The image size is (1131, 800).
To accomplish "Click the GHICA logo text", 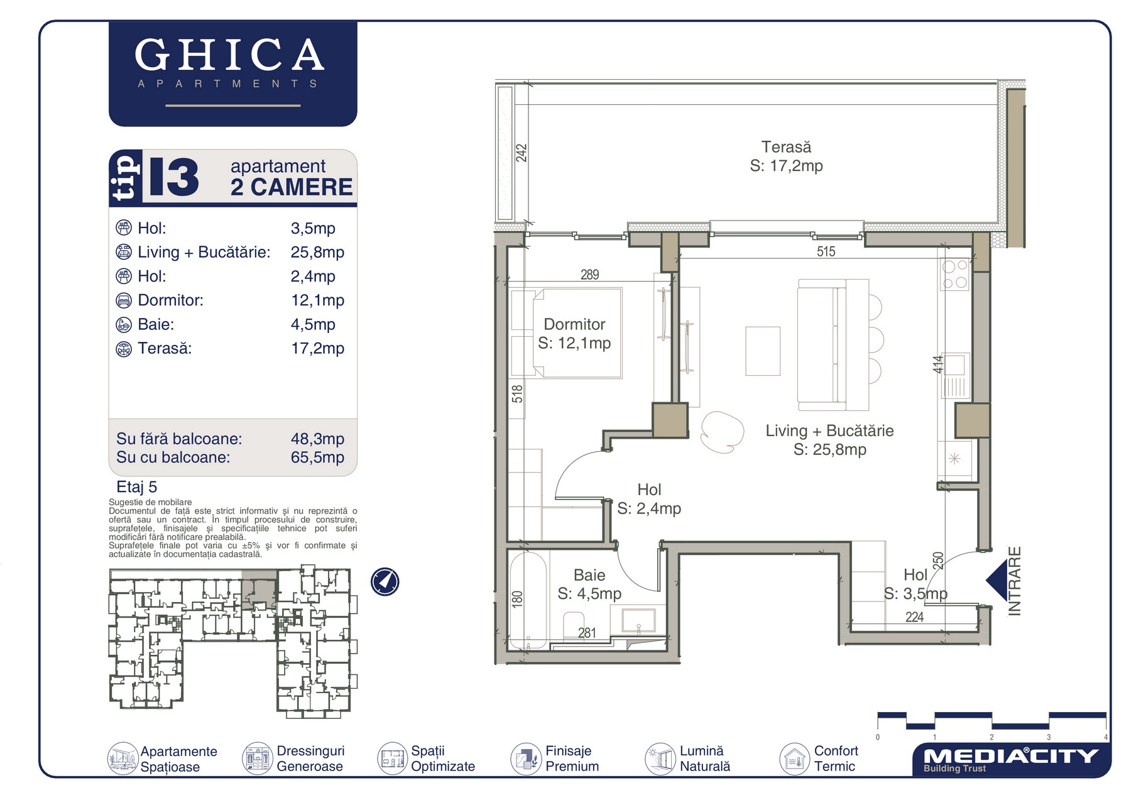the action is (x=229, y=55).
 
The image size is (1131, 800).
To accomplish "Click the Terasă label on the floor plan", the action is (x=786, y=147).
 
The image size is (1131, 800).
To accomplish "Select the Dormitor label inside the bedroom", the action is (x=574, y=324).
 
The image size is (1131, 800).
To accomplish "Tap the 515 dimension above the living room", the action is (x=826, y=252).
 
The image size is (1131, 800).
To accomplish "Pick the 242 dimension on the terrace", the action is (x=522, y=153).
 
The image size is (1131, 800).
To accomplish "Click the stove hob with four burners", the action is (x=954, y=275).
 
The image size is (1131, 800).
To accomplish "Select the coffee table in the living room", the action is (x=763, y=351).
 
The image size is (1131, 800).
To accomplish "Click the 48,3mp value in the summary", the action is (x=317, y=439).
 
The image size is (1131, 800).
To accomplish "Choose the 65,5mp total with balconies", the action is (x=317, y=457).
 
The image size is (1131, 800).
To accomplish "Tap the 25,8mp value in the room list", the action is (x=317, y=252).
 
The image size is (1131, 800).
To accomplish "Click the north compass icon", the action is (x=385, y=581).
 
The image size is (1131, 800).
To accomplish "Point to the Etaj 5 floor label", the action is (x=137, y=487).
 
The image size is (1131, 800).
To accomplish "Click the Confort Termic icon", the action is (x=794, y=759).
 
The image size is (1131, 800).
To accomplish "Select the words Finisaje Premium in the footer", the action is (x=572, y=759).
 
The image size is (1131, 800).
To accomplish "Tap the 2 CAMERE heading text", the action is (x=292, y=187).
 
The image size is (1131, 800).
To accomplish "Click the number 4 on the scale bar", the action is (x=1105, y=737).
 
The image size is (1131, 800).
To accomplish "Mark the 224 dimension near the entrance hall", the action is (x=914, y=617).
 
